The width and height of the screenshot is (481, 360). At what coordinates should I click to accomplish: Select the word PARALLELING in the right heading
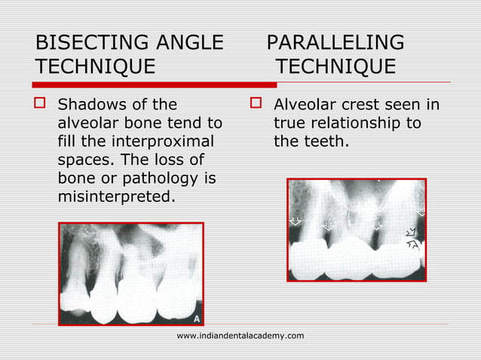pyautogui.click(x=335, y=42)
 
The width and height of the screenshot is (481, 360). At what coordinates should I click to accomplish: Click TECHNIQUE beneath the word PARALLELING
pyautogui.click(x=335, y=67)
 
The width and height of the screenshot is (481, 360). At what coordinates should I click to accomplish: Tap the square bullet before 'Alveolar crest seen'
pyautogui.click(x=257, y=104)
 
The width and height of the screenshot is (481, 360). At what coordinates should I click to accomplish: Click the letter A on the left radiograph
pyautogui.click(x=197, y=318)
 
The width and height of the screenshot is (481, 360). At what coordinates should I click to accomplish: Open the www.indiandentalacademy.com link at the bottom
pyautogui.click(x=240, y=335)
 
